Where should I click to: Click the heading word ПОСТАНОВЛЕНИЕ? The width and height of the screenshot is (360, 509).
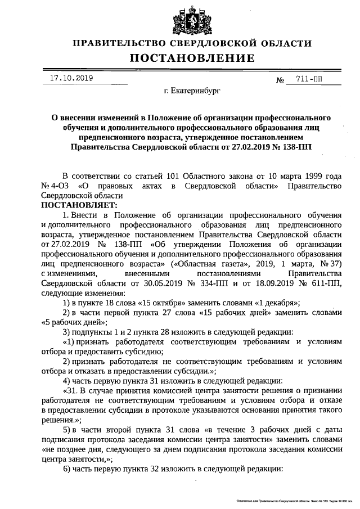[192, 58]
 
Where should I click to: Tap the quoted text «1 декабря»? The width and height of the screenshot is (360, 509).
[275, 303]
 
